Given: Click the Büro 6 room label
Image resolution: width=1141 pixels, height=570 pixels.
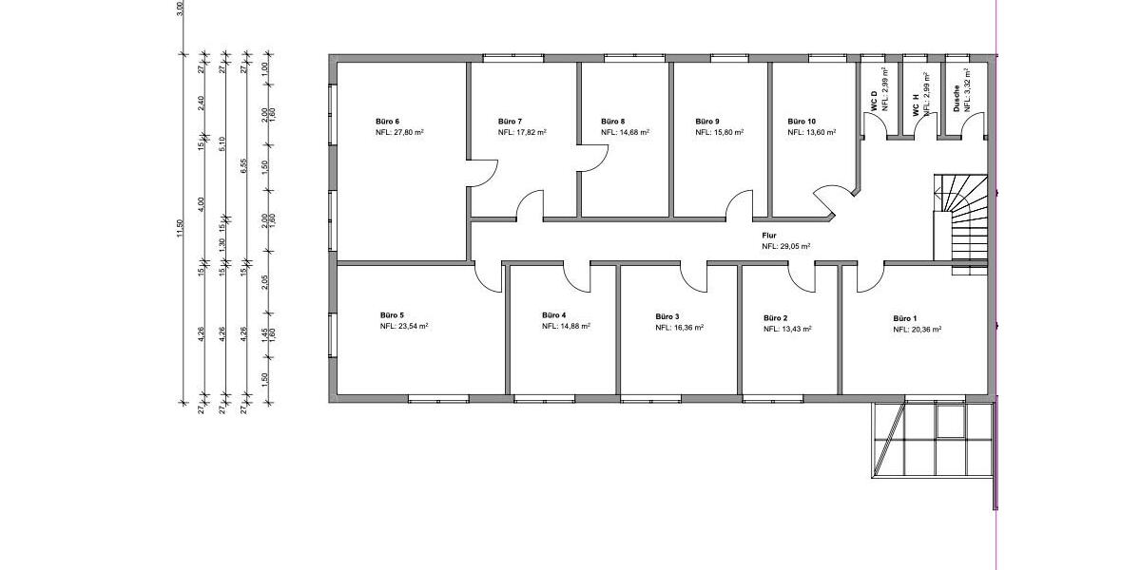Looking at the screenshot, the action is tap(387, 122).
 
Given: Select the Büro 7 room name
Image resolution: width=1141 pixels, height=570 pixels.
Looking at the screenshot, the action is tap(510, 122).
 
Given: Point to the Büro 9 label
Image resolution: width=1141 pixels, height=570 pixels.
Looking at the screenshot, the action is tap(707, 122).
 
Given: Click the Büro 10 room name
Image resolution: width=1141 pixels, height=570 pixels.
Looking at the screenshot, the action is tap(802, 122).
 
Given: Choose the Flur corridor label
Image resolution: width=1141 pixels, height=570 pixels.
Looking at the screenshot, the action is tap(769, 236).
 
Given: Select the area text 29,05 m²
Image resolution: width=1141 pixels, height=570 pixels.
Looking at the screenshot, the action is tap(795, 246).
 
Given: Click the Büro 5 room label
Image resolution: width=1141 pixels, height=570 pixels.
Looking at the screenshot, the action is tap(392, 315).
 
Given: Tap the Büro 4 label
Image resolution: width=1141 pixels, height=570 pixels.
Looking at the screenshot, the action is tap(553, 315).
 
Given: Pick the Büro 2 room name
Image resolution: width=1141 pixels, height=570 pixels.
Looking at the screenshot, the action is tap(776, 318).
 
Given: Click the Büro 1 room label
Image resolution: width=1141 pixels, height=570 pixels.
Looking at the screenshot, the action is tap(905, 318).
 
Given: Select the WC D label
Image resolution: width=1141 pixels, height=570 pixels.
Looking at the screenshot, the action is tap(874, 102).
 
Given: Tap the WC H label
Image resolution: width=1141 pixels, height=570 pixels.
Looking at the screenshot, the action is tap(916, 105).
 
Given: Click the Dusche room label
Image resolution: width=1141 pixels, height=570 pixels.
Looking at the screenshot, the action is tap(957, 98).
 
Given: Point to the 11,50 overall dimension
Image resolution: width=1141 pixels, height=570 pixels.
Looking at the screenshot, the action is tap(179, 229).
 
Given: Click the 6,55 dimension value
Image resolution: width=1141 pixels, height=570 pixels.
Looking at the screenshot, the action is tap(243, 166).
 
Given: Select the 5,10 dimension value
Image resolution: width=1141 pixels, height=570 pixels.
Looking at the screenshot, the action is tap(222, 144).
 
